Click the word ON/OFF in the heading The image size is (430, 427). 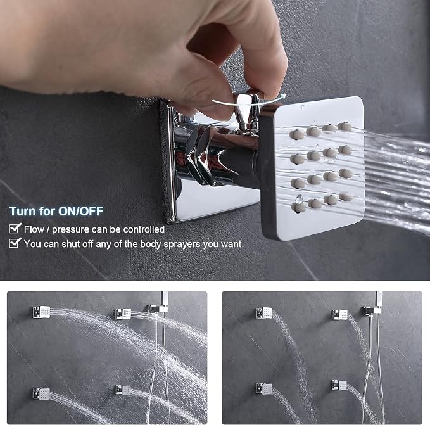pos(80,211)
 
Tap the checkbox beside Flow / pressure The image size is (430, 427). pos(15,228)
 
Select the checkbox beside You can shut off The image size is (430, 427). pos(15,243)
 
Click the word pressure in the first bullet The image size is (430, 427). pos(70,230)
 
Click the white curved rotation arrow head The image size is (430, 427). pos(282,96)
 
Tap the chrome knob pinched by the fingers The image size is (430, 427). pos(246,110)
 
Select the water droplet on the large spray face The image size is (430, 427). pos(299,199)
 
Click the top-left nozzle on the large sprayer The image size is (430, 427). pos(297,134)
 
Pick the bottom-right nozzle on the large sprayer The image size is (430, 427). pos(346,196)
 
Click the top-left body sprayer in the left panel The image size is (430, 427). pos(41,312)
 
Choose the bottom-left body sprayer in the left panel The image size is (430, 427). pos(41,393)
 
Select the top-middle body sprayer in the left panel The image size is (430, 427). pos(123,314)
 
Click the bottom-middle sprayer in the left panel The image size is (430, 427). pos(122,390)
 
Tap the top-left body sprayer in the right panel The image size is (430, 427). pos(264,313)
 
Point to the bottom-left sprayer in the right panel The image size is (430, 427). pos(264,388)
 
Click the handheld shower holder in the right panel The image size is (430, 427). pos(372,310)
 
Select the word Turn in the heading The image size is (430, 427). pos(23,211)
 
